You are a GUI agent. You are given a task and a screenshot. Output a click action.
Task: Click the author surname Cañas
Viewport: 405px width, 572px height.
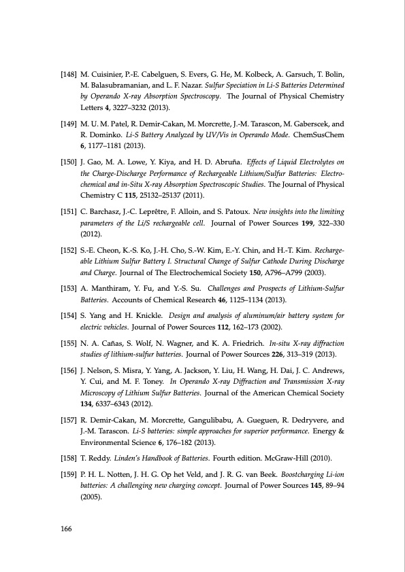pos(104,344)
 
